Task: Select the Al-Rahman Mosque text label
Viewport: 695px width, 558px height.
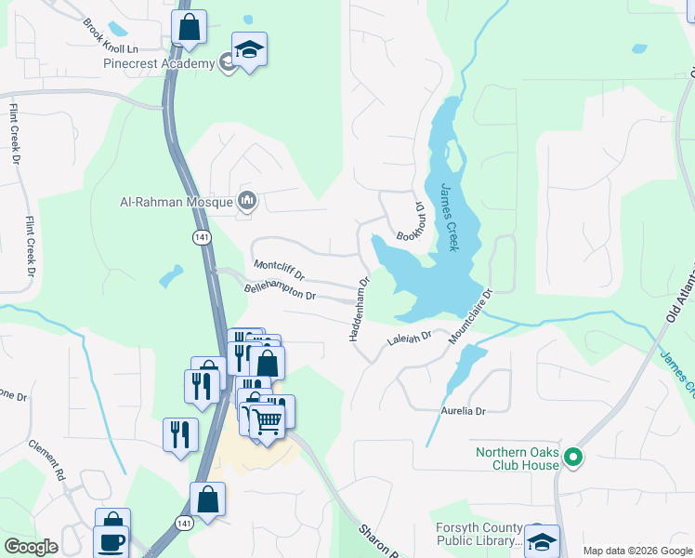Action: [178, 200]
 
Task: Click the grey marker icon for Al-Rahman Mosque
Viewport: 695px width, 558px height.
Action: [247, 200]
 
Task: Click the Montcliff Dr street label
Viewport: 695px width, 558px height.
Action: [279, 270]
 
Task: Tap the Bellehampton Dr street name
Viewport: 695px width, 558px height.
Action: [281, 291]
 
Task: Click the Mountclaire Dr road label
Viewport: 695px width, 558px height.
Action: [470, 317]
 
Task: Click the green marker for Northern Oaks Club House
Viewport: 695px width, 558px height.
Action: [574, 457]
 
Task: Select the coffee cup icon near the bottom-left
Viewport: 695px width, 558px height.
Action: [111, 542]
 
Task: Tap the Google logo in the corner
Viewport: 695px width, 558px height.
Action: [30, 546]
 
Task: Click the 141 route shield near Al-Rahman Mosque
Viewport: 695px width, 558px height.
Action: [202, 238]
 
